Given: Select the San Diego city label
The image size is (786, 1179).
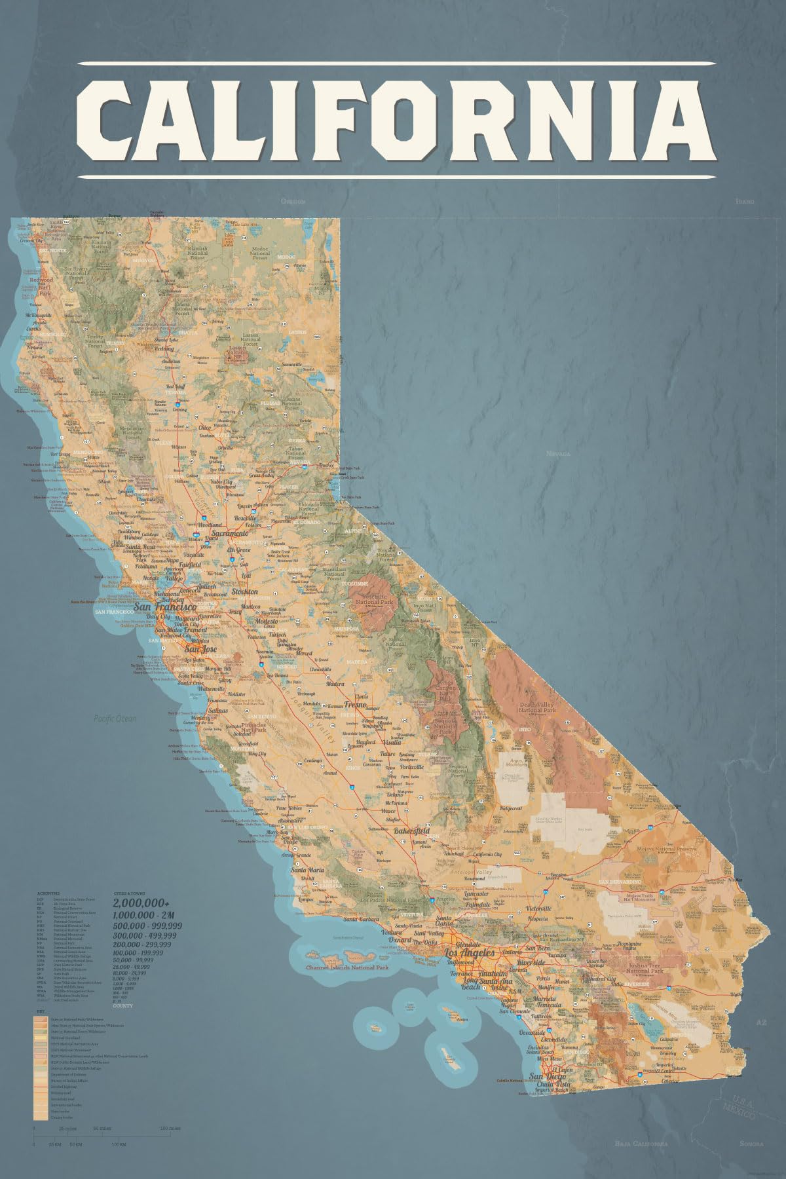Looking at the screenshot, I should pos(544,1076).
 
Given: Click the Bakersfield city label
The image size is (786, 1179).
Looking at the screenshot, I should pos(413,831).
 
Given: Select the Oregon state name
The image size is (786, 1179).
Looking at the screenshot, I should pos(293,202).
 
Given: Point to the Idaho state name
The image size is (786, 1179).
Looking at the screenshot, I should pos(745,202).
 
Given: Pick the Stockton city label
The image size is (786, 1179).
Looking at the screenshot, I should pos(244,591).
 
